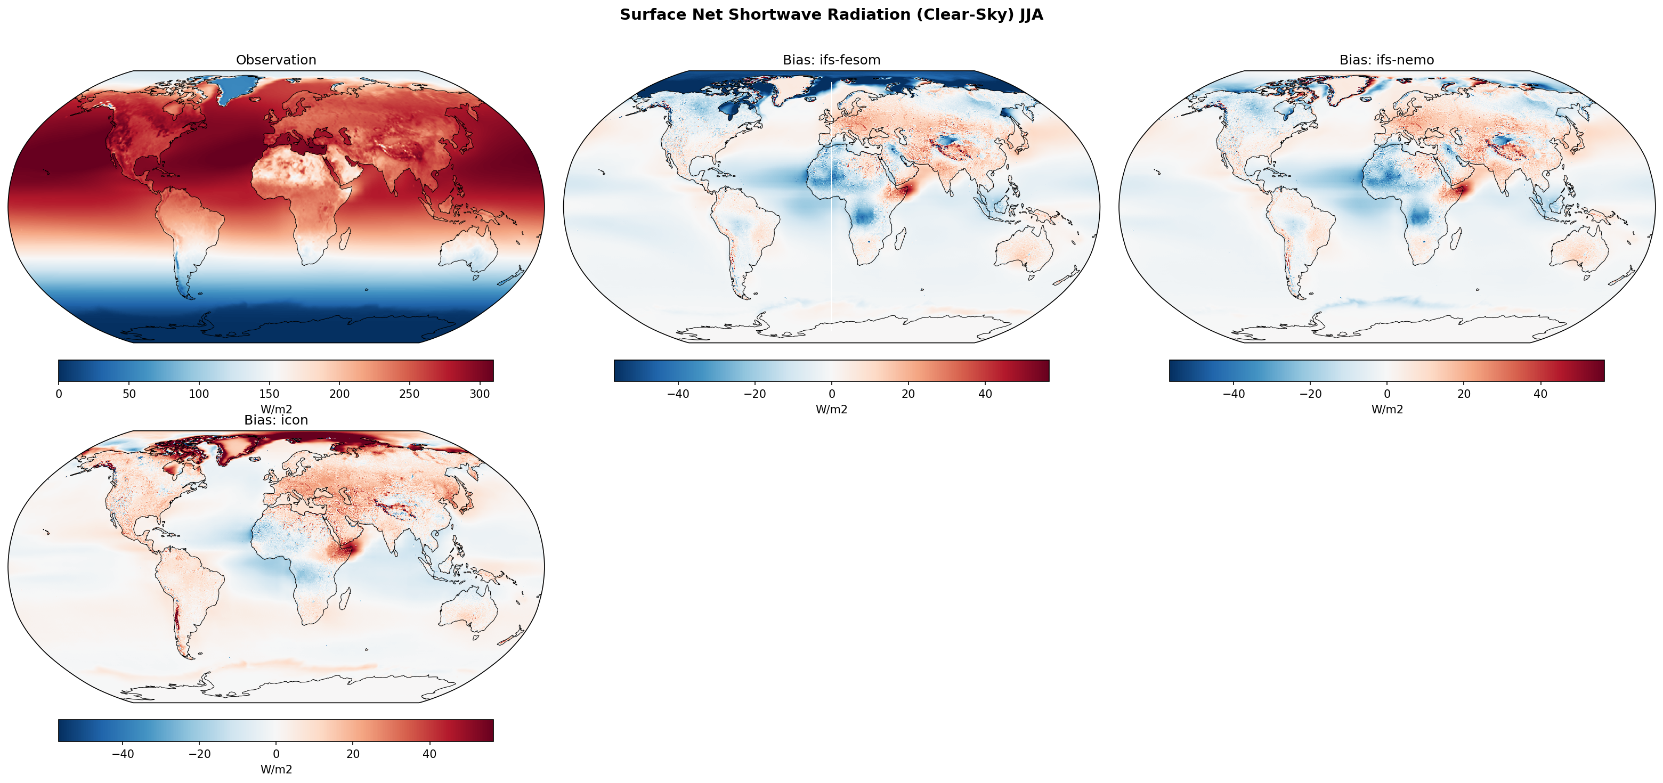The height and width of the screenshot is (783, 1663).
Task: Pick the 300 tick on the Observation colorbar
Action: point(480,394)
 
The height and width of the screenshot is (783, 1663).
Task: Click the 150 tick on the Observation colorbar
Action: point(269,394)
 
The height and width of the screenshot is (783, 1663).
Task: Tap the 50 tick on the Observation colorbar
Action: point(129,394)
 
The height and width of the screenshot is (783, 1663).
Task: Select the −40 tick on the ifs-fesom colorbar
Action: point(678,394)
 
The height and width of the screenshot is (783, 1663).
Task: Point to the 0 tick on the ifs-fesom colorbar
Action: point(831,394)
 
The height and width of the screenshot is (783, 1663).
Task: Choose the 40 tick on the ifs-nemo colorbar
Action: point(1540,394)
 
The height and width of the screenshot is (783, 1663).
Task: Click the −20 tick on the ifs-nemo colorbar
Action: point(1310,394)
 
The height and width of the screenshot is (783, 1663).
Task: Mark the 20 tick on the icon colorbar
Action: point(353,754)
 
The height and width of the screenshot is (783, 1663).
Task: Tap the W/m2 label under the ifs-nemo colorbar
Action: point(1386,409)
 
